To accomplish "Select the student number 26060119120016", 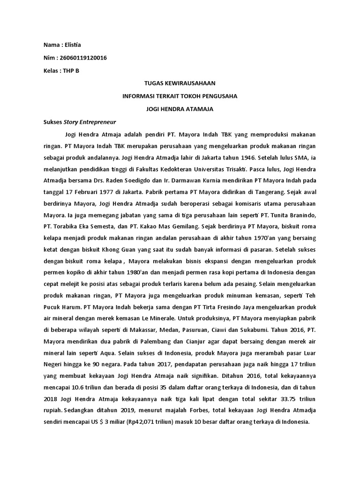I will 83,58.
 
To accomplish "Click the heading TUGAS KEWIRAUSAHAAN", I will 180,83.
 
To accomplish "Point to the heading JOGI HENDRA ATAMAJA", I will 180,109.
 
